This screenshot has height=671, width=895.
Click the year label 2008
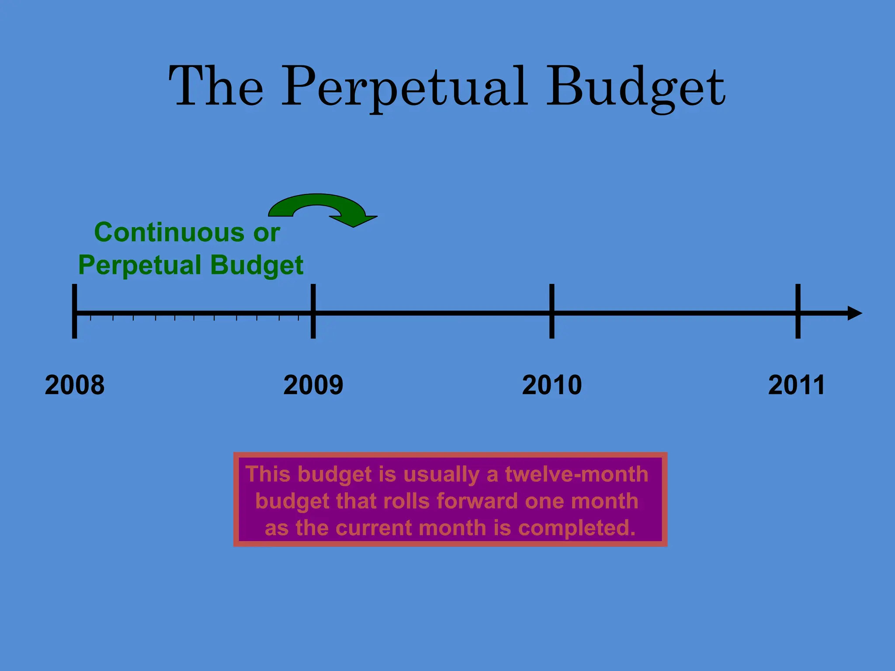coord(75,385)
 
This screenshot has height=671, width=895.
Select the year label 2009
coord(313,385)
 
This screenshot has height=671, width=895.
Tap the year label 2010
coord(552,385)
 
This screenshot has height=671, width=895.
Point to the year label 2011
coord(796,385)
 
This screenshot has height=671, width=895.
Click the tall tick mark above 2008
coord(75,311)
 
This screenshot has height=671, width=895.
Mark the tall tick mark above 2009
coord(313,311)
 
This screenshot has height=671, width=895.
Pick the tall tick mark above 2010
coord(552,311)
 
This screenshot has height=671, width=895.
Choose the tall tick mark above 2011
coord(798,311)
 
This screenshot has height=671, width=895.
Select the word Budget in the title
coord(636,87)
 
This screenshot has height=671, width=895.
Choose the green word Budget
coord(257,266)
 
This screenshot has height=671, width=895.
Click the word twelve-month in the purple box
coord(576,474)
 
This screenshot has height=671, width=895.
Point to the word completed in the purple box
coord(577,528)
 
